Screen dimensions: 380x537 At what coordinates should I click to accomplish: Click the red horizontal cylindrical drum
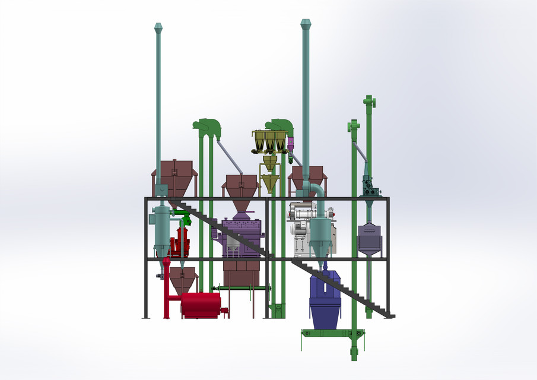[x=200, y=305]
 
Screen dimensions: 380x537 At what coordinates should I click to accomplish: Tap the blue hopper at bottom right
[x=325, y=300]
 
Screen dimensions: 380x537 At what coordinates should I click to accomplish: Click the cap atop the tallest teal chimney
[x=306, y=24]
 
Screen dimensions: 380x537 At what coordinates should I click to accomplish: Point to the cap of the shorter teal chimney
[x=158, y=27]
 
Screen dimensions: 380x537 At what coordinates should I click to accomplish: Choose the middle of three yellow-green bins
[x=270, y=141]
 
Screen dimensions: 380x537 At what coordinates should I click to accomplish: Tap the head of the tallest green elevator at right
[x=370, y=103]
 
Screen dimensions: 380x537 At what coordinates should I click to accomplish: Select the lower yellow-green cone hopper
[x=270, y=182]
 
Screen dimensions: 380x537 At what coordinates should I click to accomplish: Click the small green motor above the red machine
[x=185, y=219]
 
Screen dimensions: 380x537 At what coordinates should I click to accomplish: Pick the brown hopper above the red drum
[x=183, y=279]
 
